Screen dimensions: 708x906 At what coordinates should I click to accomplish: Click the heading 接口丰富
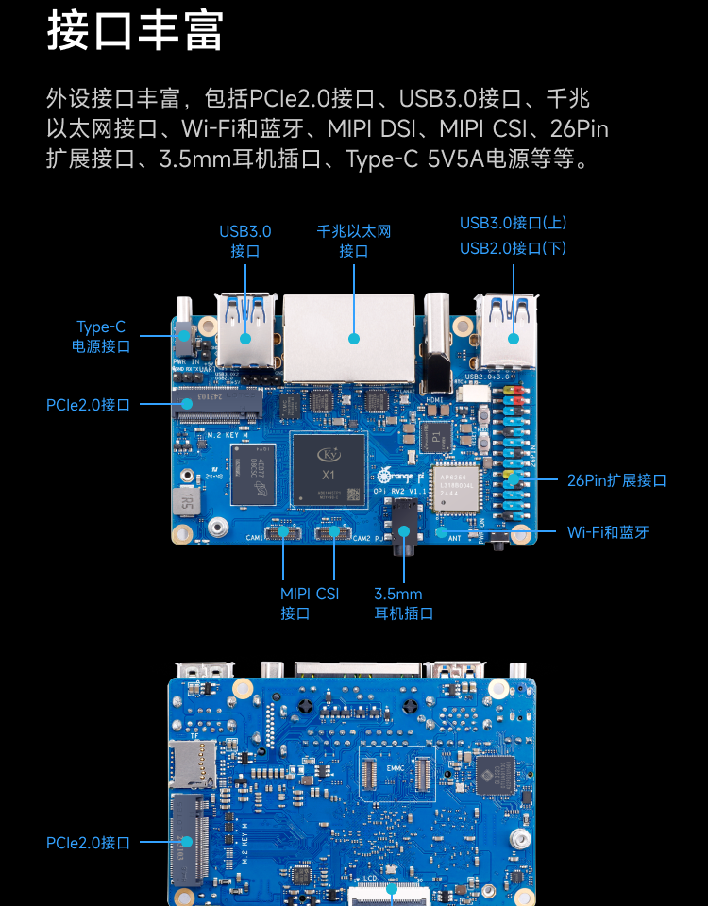point(135,32)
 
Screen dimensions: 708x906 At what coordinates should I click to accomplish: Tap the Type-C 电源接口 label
point(101,337)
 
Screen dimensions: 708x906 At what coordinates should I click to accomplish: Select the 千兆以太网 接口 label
point(354,241)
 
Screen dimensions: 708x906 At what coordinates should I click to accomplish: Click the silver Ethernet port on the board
point(349,337)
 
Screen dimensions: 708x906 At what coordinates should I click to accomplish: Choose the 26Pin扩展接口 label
point(616,480)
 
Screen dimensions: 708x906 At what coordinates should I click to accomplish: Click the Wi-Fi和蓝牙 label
point(608,532)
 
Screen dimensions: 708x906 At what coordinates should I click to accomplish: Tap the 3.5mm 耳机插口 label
point(403,603)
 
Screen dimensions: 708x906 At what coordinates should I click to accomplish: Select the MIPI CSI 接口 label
point(309,603)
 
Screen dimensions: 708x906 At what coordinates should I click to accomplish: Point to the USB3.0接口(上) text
point(513,224)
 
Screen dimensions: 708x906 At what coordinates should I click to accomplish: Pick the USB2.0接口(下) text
point(513,248)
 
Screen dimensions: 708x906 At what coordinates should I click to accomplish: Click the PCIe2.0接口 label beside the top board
point(88,405)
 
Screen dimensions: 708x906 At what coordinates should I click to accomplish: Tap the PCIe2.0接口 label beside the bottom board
point(88,843)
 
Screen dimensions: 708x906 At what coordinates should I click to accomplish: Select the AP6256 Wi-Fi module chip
point(456,487)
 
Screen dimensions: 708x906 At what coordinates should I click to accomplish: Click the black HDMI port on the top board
point(438,349)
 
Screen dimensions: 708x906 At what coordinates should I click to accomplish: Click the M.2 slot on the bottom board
point(187,840)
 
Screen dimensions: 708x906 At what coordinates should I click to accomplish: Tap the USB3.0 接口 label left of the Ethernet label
point(245,241)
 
